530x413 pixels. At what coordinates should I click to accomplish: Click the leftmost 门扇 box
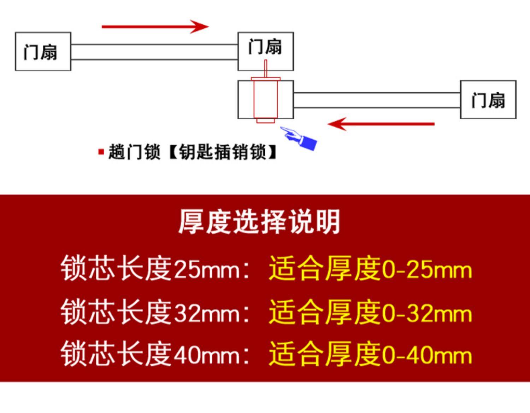tap(43, 52)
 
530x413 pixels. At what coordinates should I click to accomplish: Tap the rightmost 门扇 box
tap(488, 99)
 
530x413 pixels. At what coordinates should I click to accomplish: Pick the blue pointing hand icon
tap(300, 138)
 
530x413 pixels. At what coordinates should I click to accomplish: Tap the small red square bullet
tap(101, 152)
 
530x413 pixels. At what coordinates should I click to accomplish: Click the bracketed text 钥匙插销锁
tap(223, 152)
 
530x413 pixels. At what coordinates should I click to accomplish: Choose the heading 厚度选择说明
tap(259, 222)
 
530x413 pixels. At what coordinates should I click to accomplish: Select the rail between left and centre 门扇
tap(154, 52)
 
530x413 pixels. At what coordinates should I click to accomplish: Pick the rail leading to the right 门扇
tap(377, 100)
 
